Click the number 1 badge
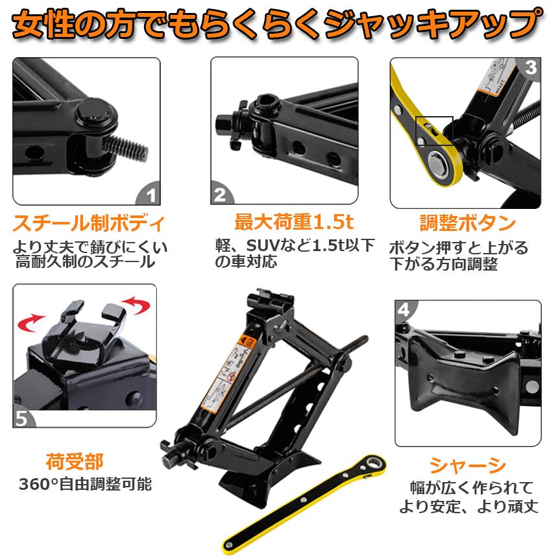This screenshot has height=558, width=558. [150, 194]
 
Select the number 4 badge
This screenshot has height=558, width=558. [403, 310]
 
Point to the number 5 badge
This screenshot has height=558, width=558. [22, 417]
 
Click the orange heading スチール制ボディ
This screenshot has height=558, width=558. [89, 224]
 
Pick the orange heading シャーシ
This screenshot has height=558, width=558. [468, 465]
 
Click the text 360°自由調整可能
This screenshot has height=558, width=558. [85, 484]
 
